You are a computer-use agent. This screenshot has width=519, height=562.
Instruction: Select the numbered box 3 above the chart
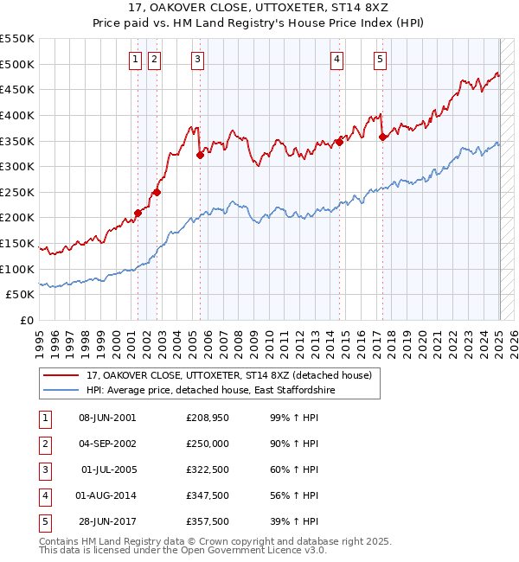click(x=198, y=60)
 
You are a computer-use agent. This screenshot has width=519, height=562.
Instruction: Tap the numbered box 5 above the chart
click(x=381, y=60)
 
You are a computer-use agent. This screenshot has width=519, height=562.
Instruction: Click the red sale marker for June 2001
click(x=138, y=213)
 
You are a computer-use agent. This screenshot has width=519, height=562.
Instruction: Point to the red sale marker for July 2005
click(x=200, y=156)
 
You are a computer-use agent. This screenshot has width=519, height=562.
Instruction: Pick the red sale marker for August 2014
click(x=339, y=143)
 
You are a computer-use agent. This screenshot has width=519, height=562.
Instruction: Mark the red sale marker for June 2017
click(x=382, y=137)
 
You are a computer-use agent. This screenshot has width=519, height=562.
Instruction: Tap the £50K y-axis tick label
click(x=21, y=295)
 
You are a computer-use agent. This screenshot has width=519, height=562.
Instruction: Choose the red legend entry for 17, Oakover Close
click(x=228, y=375)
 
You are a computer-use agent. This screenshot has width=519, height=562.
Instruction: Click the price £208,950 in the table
click(x=208, y=418)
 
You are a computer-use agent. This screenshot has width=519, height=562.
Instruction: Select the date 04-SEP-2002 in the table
click(x=107, y=444)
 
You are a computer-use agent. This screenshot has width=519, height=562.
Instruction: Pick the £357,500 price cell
click(x=208, y=521)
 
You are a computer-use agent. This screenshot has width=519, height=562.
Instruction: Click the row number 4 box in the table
click(x=43, y=495)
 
